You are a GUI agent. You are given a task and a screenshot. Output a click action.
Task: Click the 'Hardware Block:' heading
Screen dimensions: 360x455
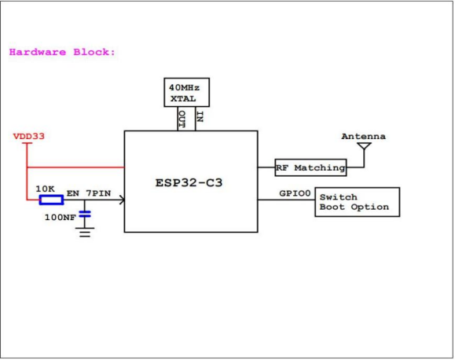pos(62,52)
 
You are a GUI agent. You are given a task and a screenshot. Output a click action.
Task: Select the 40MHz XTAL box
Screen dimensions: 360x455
pos(188,94)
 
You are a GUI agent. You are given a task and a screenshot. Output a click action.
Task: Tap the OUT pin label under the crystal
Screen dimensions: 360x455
pos(182,119)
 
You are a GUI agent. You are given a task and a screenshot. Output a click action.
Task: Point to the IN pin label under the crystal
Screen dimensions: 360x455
pos(199,119)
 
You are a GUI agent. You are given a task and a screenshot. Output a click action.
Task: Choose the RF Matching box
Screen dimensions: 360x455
pos(310,167)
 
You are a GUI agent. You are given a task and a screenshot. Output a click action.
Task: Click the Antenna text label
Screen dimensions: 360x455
pos(363,137)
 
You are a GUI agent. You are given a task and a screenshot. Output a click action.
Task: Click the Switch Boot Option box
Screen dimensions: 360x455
pos(358,202)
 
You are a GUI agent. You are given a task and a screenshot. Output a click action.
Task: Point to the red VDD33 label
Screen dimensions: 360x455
pos(29,137)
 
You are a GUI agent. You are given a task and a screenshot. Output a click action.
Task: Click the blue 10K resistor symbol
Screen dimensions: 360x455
pos(51,200)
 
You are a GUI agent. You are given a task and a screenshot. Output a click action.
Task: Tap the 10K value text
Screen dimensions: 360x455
pos(45,189)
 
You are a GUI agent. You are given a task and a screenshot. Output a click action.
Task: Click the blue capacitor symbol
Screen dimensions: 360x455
pos(85,213)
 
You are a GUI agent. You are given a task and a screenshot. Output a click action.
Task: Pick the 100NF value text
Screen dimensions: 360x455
pos(60,216)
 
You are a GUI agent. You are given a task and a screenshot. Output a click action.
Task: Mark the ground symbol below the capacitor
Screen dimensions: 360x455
pos(85,231)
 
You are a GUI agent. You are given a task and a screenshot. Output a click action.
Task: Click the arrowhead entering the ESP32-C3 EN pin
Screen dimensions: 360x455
pos(120,200)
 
